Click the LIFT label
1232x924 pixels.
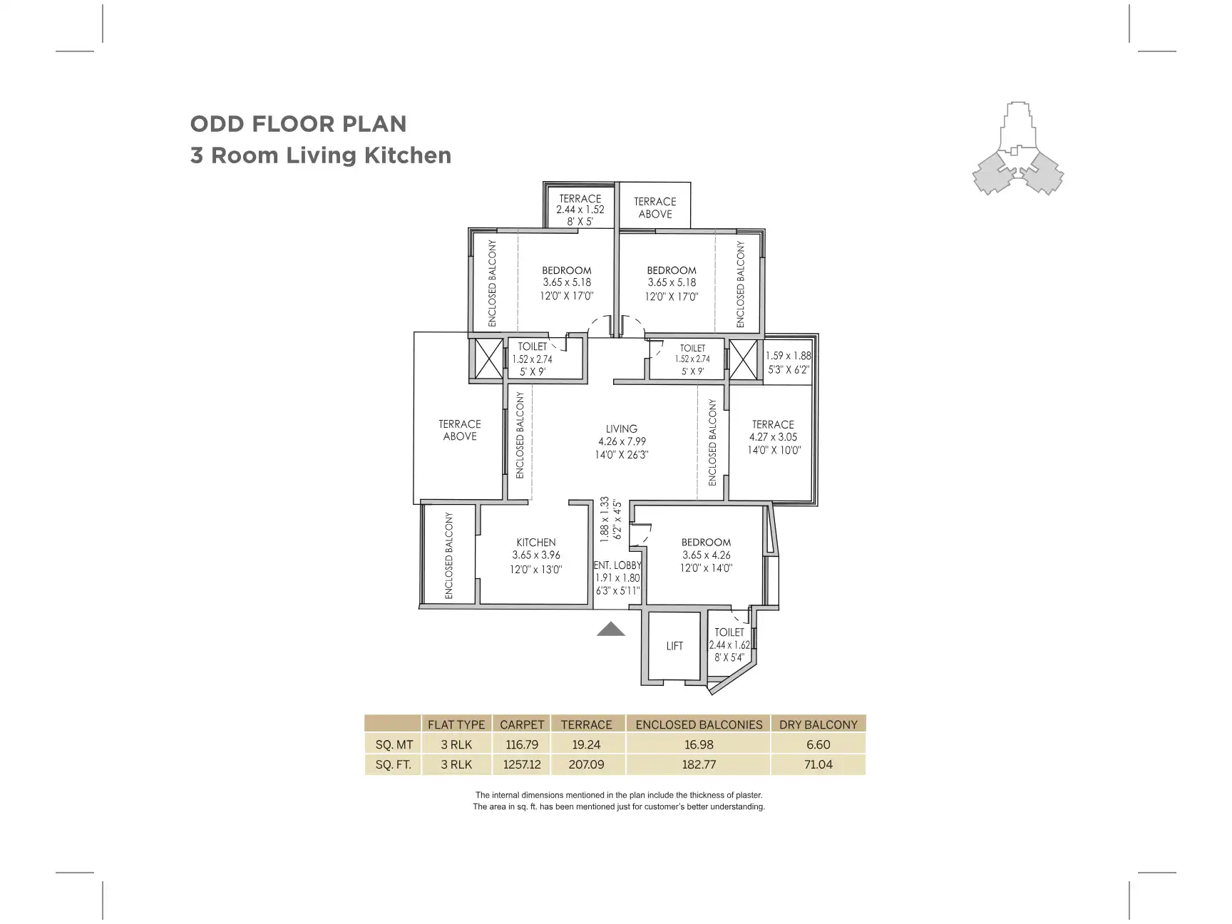pyautogui.click(x=674, y=646)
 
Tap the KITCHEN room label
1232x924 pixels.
pyautogui.click(x=535, y=543)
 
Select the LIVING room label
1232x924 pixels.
pyautogui.click(x=621, y=428)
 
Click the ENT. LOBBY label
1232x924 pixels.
pyautogui.click(x=617, y=565)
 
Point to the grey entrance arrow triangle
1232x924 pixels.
pyautogui.click(x=610, y=629)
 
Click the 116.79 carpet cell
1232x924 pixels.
pyautogui.click(x=521, y=744)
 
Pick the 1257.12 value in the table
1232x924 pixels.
pyautogui.click(x=521, y=764)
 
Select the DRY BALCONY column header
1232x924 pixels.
pyautogui.click(x=818, y=724)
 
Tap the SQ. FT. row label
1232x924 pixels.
pyautogui.click(x=394, y=764)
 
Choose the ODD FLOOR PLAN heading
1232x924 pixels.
pyautogui.click(x=298, y=124)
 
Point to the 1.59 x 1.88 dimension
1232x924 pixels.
pyautogui.click(x=788, y=356)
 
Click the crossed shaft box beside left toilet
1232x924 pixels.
pyautogui.click(x=489, y=359)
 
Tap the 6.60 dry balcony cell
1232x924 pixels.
pyautogui.click(x=818, y=744)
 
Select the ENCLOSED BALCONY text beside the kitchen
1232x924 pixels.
pyautogui.click(x=449, y=555)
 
